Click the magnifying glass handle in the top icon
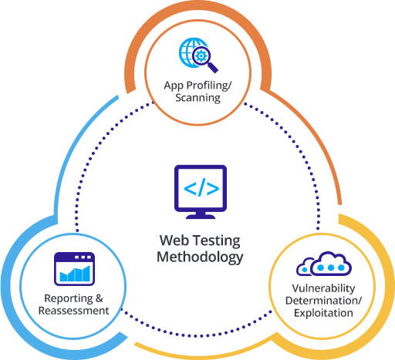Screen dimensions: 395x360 [x=212, y=67]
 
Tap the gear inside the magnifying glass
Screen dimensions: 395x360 [x=201, y=56]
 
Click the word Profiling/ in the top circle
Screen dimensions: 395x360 [x=209, y=86]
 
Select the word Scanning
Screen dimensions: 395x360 [x=197, y=98]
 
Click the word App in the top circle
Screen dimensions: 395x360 [x=174, y=86]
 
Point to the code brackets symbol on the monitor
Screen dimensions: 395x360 [x=201, y=187]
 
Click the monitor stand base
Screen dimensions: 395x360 [x=201, y=217]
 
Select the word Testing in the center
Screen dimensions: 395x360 [x=217, y=241]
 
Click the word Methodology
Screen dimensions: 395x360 [x=200, y=257]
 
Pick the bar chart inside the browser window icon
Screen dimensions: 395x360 [x=75, y=274]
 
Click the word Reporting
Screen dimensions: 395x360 [x=69, y=299]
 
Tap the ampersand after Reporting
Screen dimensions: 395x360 [x=100, y=298]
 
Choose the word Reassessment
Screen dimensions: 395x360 [x=74, y=311]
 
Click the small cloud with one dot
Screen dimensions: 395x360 [x=305, y=267]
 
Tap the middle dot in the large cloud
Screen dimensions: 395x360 [x=331, y=267]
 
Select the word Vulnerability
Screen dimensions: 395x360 [x=323, y=288]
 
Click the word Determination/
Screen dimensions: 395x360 [x=323, y=301]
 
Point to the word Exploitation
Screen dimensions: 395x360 [x=323, y=313]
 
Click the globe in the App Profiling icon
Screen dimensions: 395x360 [x=190, y=52]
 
